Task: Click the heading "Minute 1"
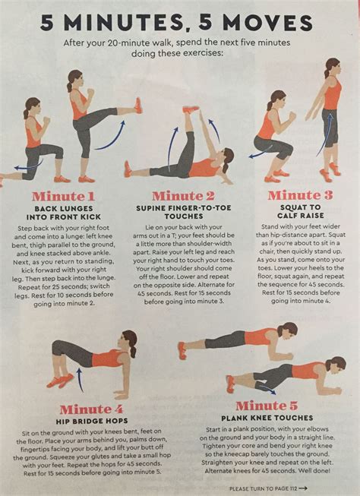point(63,197)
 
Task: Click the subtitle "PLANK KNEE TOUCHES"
point(266,418)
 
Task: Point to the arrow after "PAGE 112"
point(304,488)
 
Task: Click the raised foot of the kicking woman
point(137,105)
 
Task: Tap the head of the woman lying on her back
point(226,160)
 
